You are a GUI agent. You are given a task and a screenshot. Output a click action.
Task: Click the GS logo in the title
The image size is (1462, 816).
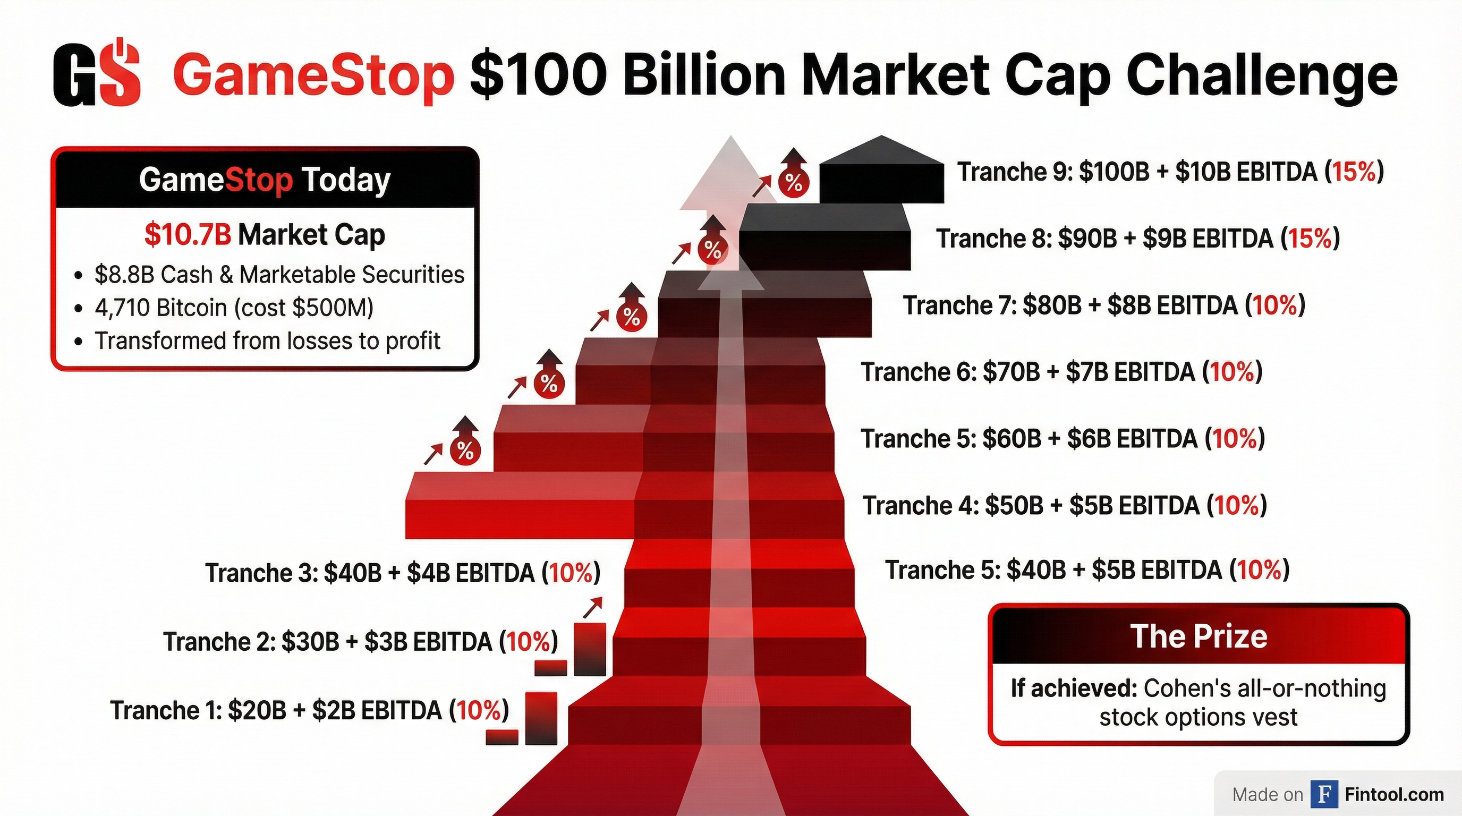(x=97, y=74)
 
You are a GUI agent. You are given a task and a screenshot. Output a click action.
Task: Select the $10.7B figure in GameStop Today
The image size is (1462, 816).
(x=188, y=235)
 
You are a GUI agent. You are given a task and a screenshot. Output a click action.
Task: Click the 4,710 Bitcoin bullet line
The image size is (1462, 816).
(x=234, y=308)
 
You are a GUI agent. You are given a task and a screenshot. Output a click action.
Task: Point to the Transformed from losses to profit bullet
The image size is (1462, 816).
(x=267, y=341)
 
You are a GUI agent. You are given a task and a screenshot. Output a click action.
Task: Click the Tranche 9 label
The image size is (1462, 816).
(x=1170, y=172)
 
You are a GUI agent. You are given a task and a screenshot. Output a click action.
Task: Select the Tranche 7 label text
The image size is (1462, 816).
(x=1103, y=305)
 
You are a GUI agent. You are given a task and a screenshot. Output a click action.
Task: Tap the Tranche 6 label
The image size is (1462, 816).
(x=1061, y=372)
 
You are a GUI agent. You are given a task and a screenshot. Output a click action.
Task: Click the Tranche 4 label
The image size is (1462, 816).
(x=1064, y=506)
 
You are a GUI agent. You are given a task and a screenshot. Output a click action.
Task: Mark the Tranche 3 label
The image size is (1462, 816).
(x=402, y=573)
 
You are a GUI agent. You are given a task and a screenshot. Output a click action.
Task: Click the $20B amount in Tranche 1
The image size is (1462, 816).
(x=257, y=710)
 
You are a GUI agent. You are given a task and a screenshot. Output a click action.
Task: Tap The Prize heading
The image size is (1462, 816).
(x=1198, y=636)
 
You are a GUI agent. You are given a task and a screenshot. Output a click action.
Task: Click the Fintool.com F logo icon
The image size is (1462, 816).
(x=1324, y=794)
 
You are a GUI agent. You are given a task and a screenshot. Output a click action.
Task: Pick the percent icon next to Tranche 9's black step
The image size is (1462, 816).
(x=794, y=182)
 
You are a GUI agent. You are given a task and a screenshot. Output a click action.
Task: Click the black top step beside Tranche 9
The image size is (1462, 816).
(x=881, y=182)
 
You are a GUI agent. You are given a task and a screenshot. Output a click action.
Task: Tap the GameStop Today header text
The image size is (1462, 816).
(x=265, y=181)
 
